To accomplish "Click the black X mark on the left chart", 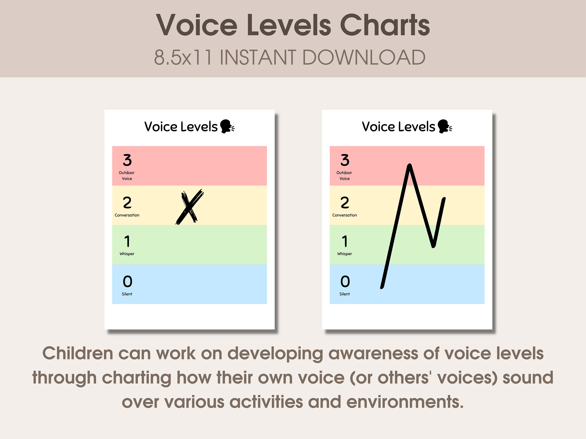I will pyautogui.click(x=189, y=207).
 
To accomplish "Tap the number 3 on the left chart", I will pyautogui.click(x=127, y=160).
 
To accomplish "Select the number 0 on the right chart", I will pyautogui.click(x=345, y=281).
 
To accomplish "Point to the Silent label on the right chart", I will pyautogui.click(x=344, y=294).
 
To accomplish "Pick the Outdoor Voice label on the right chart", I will pyautogui.click(x=344, y=175).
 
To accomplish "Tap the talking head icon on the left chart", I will pyautogui.click(x=227, y=126).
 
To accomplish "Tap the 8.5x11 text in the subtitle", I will pyautogui.click(x=183, y=57).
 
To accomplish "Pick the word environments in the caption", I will pyautogui.click(x=404, y=402).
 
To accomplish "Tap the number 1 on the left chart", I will pyautogui.click(x=127, y=241).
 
